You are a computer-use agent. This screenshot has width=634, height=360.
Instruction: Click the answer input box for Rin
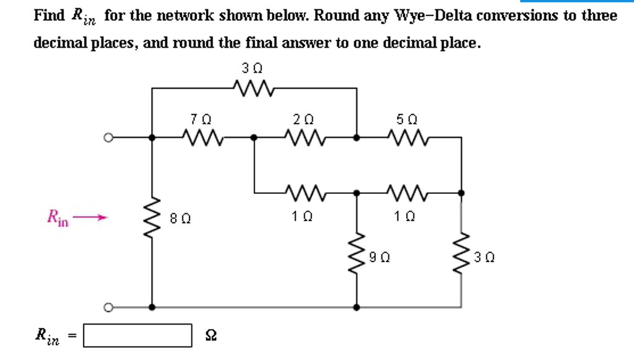tap(137, 335)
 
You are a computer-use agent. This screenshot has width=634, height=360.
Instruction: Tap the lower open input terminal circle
tap(108, 307)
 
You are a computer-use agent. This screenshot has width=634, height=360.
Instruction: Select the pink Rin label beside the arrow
tap(58, 217)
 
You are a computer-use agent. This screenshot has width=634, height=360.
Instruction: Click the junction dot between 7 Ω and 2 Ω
tap(254, 138)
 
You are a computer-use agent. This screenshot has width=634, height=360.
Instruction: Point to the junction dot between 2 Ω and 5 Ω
tap(357, 138)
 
